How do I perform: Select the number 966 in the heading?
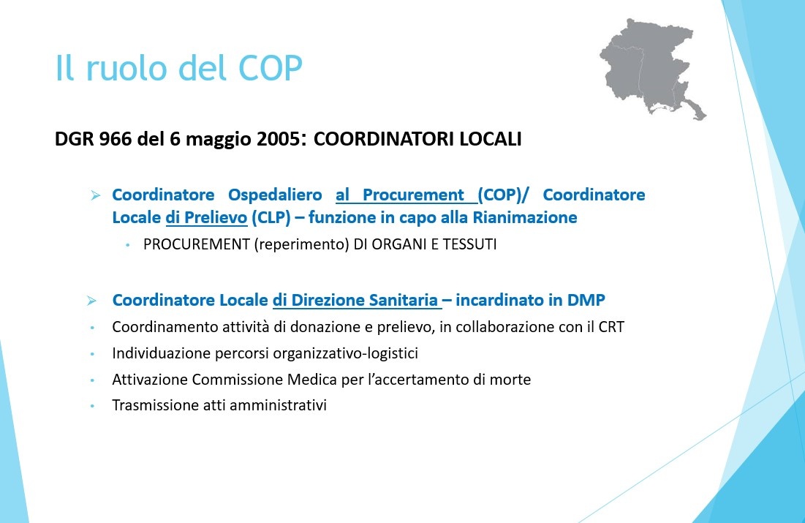115,139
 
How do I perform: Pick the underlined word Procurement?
413,195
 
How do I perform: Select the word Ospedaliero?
275,195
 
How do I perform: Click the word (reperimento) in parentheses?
301,244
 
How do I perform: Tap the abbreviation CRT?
611,327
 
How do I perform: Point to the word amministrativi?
279,405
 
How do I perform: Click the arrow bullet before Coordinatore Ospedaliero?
96,195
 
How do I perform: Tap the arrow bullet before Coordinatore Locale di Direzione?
91,301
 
